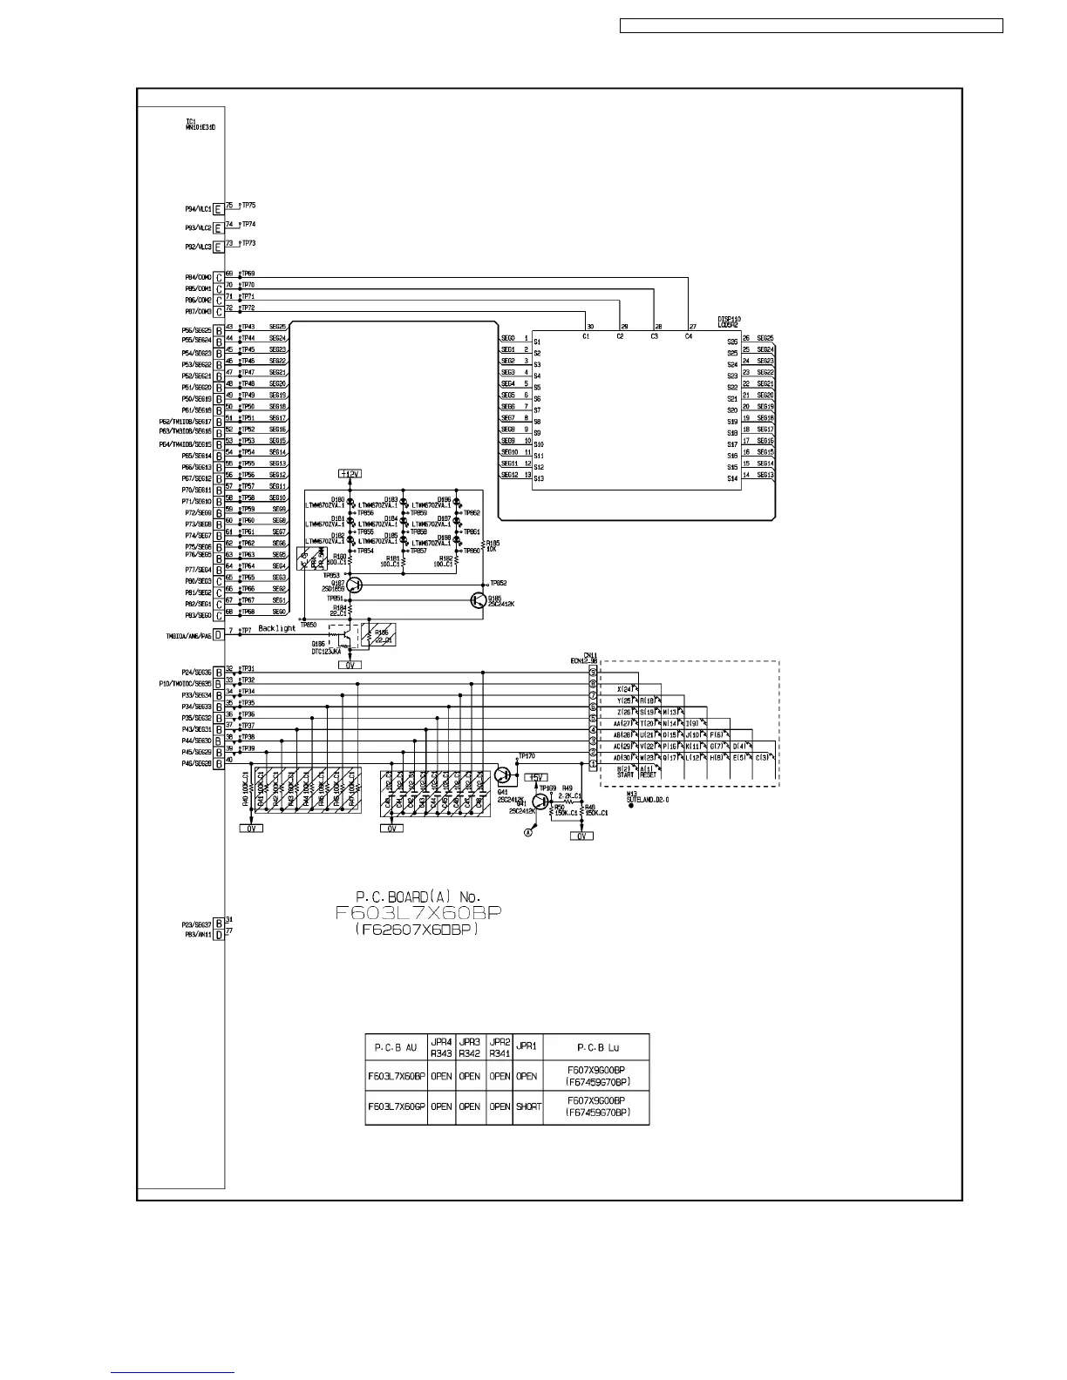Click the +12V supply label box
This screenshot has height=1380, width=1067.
(349, 473)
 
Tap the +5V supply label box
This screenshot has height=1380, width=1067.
(535, 777)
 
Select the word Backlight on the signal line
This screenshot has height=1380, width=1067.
(276, 628)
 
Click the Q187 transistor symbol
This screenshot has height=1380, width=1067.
(354, 586)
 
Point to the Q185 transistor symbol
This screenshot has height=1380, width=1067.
(478, 599)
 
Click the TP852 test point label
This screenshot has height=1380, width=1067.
(499, 583)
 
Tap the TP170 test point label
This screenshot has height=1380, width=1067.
(527, 756)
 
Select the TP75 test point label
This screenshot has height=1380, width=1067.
(248, 206)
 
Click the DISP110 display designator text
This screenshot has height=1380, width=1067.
(729, 319)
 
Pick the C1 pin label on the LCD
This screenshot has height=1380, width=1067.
(586, 335)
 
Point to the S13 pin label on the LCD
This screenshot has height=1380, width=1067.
(539, 478)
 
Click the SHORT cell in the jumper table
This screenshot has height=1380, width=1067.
(528, 1106)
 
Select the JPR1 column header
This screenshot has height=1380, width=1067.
(527, 1047)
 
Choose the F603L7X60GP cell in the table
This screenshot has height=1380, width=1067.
(397, 1106)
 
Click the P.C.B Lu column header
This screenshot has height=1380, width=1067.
(596, 1047)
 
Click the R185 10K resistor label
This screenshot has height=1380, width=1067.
(493, 545)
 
